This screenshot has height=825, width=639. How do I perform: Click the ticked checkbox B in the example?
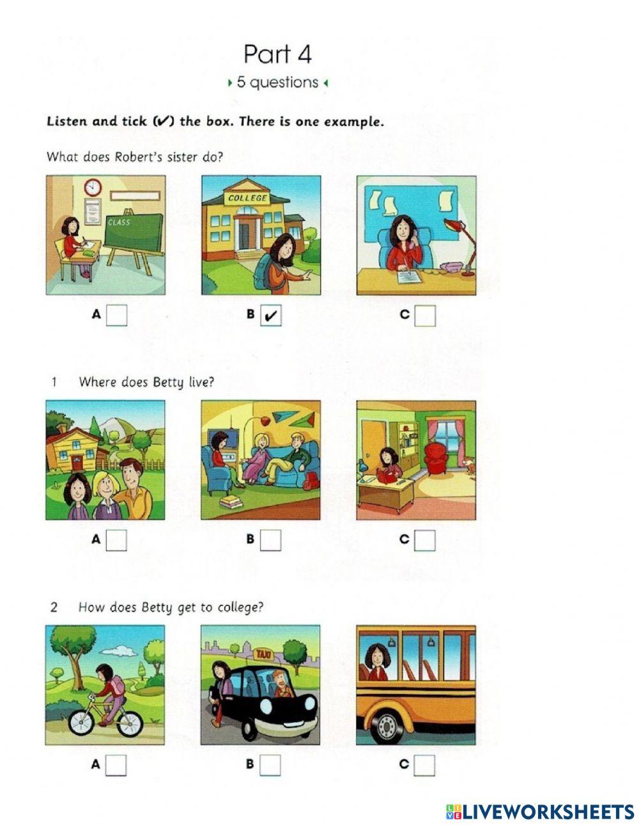pos(271,315)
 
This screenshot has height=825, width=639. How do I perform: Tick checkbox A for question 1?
pos(116,540)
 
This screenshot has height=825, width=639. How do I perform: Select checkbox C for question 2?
pos(425,765)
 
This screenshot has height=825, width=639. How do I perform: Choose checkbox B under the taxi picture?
pos(270,765)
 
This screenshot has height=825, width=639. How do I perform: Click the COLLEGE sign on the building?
pos(247,198)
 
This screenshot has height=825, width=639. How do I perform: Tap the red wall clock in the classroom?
pos(93,187)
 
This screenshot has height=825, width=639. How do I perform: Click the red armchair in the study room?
pos(439,457)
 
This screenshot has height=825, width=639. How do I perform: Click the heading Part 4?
pos(277,54)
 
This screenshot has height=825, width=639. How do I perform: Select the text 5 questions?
pos(277,82)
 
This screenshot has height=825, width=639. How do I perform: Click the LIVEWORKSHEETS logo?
pos(540,812)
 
